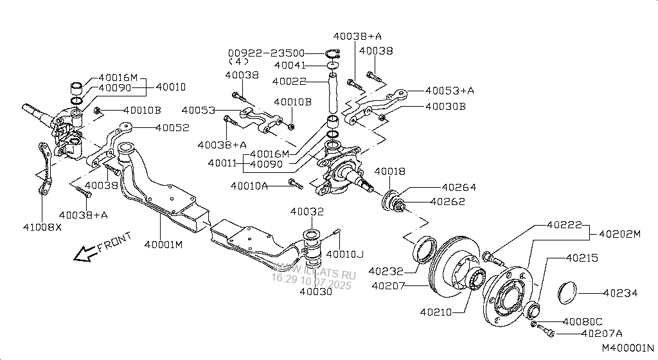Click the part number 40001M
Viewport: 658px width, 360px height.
click(163, 244)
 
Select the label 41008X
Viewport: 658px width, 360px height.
click(42, 227)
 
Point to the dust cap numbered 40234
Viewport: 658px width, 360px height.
click(568, 292)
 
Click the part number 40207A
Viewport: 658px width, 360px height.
click(602, 334)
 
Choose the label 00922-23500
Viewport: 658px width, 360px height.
click(267, 53)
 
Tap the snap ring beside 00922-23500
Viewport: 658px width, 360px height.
click(333, 54)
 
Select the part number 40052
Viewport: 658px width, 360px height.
click(172, 127)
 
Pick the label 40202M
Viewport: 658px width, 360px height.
click(620, 234)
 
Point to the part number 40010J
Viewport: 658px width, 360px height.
click(345, 254)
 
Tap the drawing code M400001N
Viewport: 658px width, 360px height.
click(628, 348)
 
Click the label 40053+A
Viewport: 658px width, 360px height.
click(449, 91)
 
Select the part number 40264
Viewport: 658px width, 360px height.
click(459, 188)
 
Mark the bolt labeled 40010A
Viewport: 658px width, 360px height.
click(296, 184)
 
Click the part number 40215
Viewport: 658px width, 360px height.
click(582, 258)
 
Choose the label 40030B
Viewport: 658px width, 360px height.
click(446, 107)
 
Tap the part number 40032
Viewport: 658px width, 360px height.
click(307, 212)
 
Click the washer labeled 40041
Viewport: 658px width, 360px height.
click(333, 66)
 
